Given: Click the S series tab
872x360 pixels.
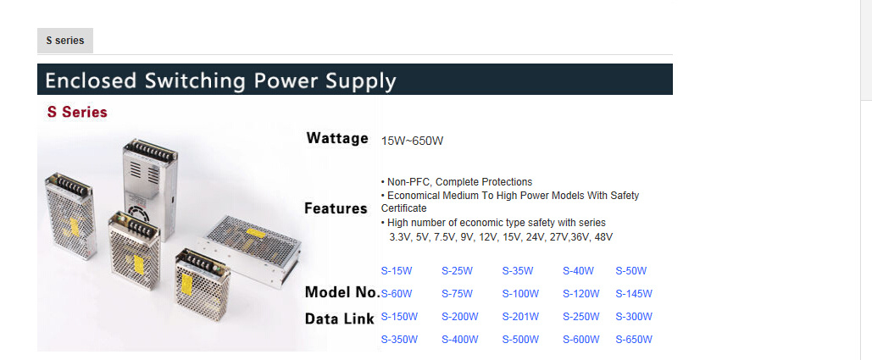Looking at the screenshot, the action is point(65,41).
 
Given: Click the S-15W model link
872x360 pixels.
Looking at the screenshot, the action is point(397,271).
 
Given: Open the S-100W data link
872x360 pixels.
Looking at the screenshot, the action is point(520,294).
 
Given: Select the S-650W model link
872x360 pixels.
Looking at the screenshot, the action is point(634,340).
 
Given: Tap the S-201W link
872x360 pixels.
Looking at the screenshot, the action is point(520,317).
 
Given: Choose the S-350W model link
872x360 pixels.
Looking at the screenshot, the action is point(399,340).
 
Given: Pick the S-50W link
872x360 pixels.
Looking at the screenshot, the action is point(631,271).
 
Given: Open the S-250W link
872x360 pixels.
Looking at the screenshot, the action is point(581,317).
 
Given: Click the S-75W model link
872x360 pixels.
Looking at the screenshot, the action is point(457,294).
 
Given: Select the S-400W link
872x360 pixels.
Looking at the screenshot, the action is point(460,340).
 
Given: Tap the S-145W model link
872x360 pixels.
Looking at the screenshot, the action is point(634,294).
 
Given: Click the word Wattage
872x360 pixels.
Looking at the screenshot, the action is point(337,138).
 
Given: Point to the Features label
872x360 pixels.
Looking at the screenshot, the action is point(336,208).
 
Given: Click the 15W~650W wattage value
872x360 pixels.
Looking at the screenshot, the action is point(412,141).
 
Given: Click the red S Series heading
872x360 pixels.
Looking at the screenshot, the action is point(77,112).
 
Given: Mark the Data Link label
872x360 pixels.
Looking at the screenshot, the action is point(339,318).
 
